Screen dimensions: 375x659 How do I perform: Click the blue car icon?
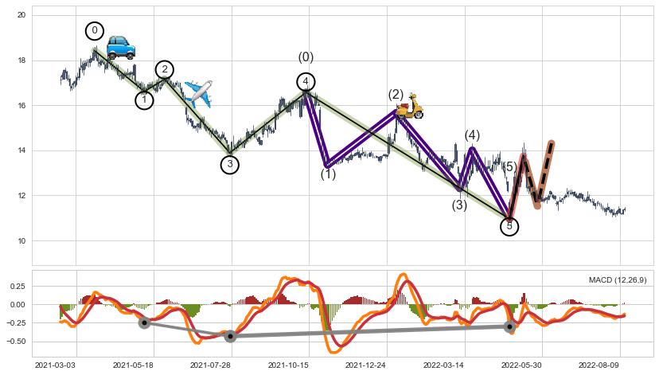point(121,47)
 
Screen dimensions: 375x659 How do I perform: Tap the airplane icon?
point(198,93)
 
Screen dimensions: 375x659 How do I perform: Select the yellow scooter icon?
point(410,108)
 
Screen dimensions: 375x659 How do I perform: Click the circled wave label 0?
point(95,31)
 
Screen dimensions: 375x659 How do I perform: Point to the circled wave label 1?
point(144,100)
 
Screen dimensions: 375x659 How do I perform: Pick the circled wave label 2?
point(165,69)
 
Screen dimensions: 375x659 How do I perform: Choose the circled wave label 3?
point(229,165)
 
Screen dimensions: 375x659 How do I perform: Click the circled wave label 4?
point(306,81)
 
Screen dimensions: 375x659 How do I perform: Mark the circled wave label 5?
point(509,227)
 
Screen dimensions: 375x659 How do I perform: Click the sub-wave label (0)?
point(306,57)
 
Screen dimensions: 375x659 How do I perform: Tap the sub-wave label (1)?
point(328,174)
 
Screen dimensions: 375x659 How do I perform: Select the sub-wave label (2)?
point(396,95)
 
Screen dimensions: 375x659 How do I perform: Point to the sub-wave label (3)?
point(459,205)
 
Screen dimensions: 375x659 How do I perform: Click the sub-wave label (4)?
point(472,135)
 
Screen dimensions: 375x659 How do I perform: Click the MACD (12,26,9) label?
point(618,280)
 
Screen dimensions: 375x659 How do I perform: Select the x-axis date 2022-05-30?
point(521,365)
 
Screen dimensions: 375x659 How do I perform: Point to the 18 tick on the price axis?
point(22,61)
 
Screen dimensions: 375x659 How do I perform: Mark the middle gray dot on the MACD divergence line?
point(230,336)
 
